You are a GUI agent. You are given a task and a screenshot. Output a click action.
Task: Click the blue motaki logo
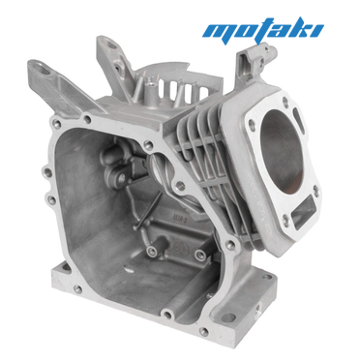point(263,30)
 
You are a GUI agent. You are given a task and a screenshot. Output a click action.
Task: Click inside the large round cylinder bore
point(282,147)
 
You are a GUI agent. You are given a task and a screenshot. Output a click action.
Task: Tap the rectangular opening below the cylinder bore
point(302,209)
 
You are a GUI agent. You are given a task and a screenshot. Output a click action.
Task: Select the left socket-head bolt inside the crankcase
point(151,250)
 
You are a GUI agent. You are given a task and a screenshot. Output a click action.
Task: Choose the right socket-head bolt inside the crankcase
point(199,255)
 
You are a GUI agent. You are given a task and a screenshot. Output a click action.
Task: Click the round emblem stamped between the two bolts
point(179,248)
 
